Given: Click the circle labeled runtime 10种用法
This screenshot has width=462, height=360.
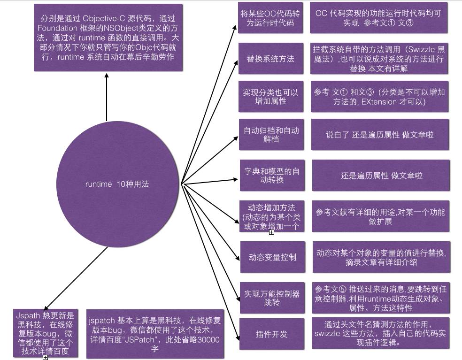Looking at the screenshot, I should pos(119,184).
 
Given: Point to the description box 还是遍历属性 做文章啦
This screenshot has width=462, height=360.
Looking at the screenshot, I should pos(381,175).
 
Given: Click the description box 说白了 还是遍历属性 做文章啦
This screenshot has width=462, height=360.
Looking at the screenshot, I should pos(380,135).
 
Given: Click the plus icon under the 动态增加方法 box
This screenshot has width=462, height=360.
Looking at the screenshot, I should pos(272,232).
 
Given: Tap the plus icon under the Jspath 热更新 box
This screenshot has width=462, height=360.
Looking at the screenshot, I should pos(45,358).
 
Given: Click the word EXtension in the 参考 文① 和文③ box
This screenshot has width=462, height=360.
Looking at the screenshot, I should pos(379,101).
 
